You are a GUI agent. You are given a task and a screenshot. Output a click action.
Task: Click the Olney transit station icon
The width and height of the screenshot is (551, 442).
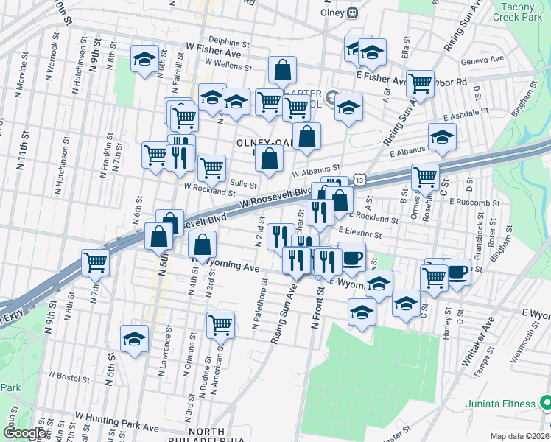pyautogui.click(x=353, y=13)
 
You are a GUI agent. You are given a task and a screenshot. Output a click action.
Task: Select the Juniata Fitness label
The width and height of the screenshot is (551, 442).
pyautogui.click(x=499, y=404)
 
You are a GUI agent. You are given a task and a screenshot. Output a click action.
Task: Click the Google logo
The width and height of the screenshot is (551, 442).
pyautogui.click(x=25, y=433)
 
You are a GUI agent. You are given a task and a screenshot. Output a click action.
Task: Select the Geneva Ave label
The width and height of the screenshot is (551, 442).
pyautogui.click(x=482, y=59)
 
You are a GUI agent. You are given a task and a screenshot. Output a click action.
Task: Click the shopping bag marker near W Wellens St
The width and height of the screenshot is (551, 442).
pyautogui.click(x=283, y=71)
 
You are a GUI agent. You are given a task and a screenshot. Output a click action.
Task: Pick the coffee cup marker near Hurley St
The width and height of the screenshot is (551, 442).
pyautogui.click(x=457, y=272)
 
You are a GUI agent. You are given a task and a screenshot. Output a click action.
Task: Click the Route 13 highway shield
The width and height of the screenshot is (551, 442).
pyautogui.click(x=359, y=180)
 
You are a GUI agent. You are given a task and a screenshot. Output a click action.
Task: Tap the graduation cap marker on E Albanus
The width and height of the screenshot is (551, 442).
pyautogui.click(x=442, y=137)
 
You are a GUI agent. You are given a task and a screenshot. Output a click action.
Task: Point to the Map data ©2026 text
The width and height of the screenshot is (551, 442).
pyautogui.click(x=518, y=435)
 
